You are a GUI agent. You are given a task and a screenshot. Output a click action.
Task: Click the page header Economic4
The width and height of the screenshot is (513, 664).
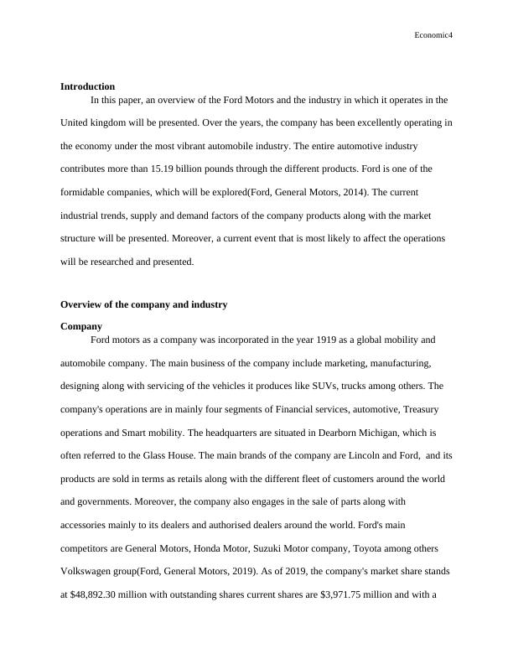433,35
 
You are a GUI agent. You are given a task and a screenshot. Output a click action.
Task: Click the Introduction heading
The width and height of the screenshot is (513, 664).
87,86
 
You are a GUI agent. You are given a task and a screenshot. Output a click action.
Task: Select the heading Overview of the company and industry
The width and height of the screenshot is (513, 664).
144,304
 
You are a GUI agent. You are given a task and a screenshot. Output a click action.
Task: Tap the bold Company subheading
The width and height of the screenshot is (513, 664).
81,326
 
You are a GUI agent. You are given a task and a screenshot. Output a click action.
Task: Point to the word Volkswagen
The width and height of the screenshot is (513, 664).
88,571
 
